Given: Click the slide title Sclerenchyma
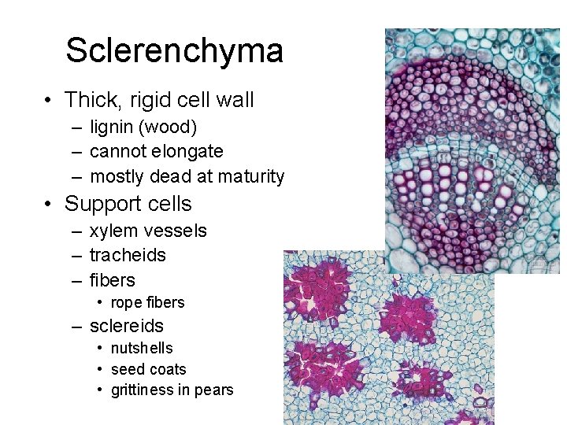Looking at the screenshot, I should pos(174,50).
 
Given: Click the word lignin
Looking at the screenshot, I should pos(113,127).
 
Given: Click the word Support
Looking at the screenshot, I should pos(102,204).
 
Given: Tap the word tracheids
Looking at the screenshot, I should pos(128,255).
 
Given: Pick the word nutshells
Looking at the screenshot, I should pos(142,348).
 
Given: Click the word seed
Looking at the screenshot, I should pos(128,369).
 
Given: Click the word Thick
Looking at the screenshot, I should pos(91,100).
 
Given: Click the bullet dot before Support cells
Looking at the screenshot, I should pos(49,205).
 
